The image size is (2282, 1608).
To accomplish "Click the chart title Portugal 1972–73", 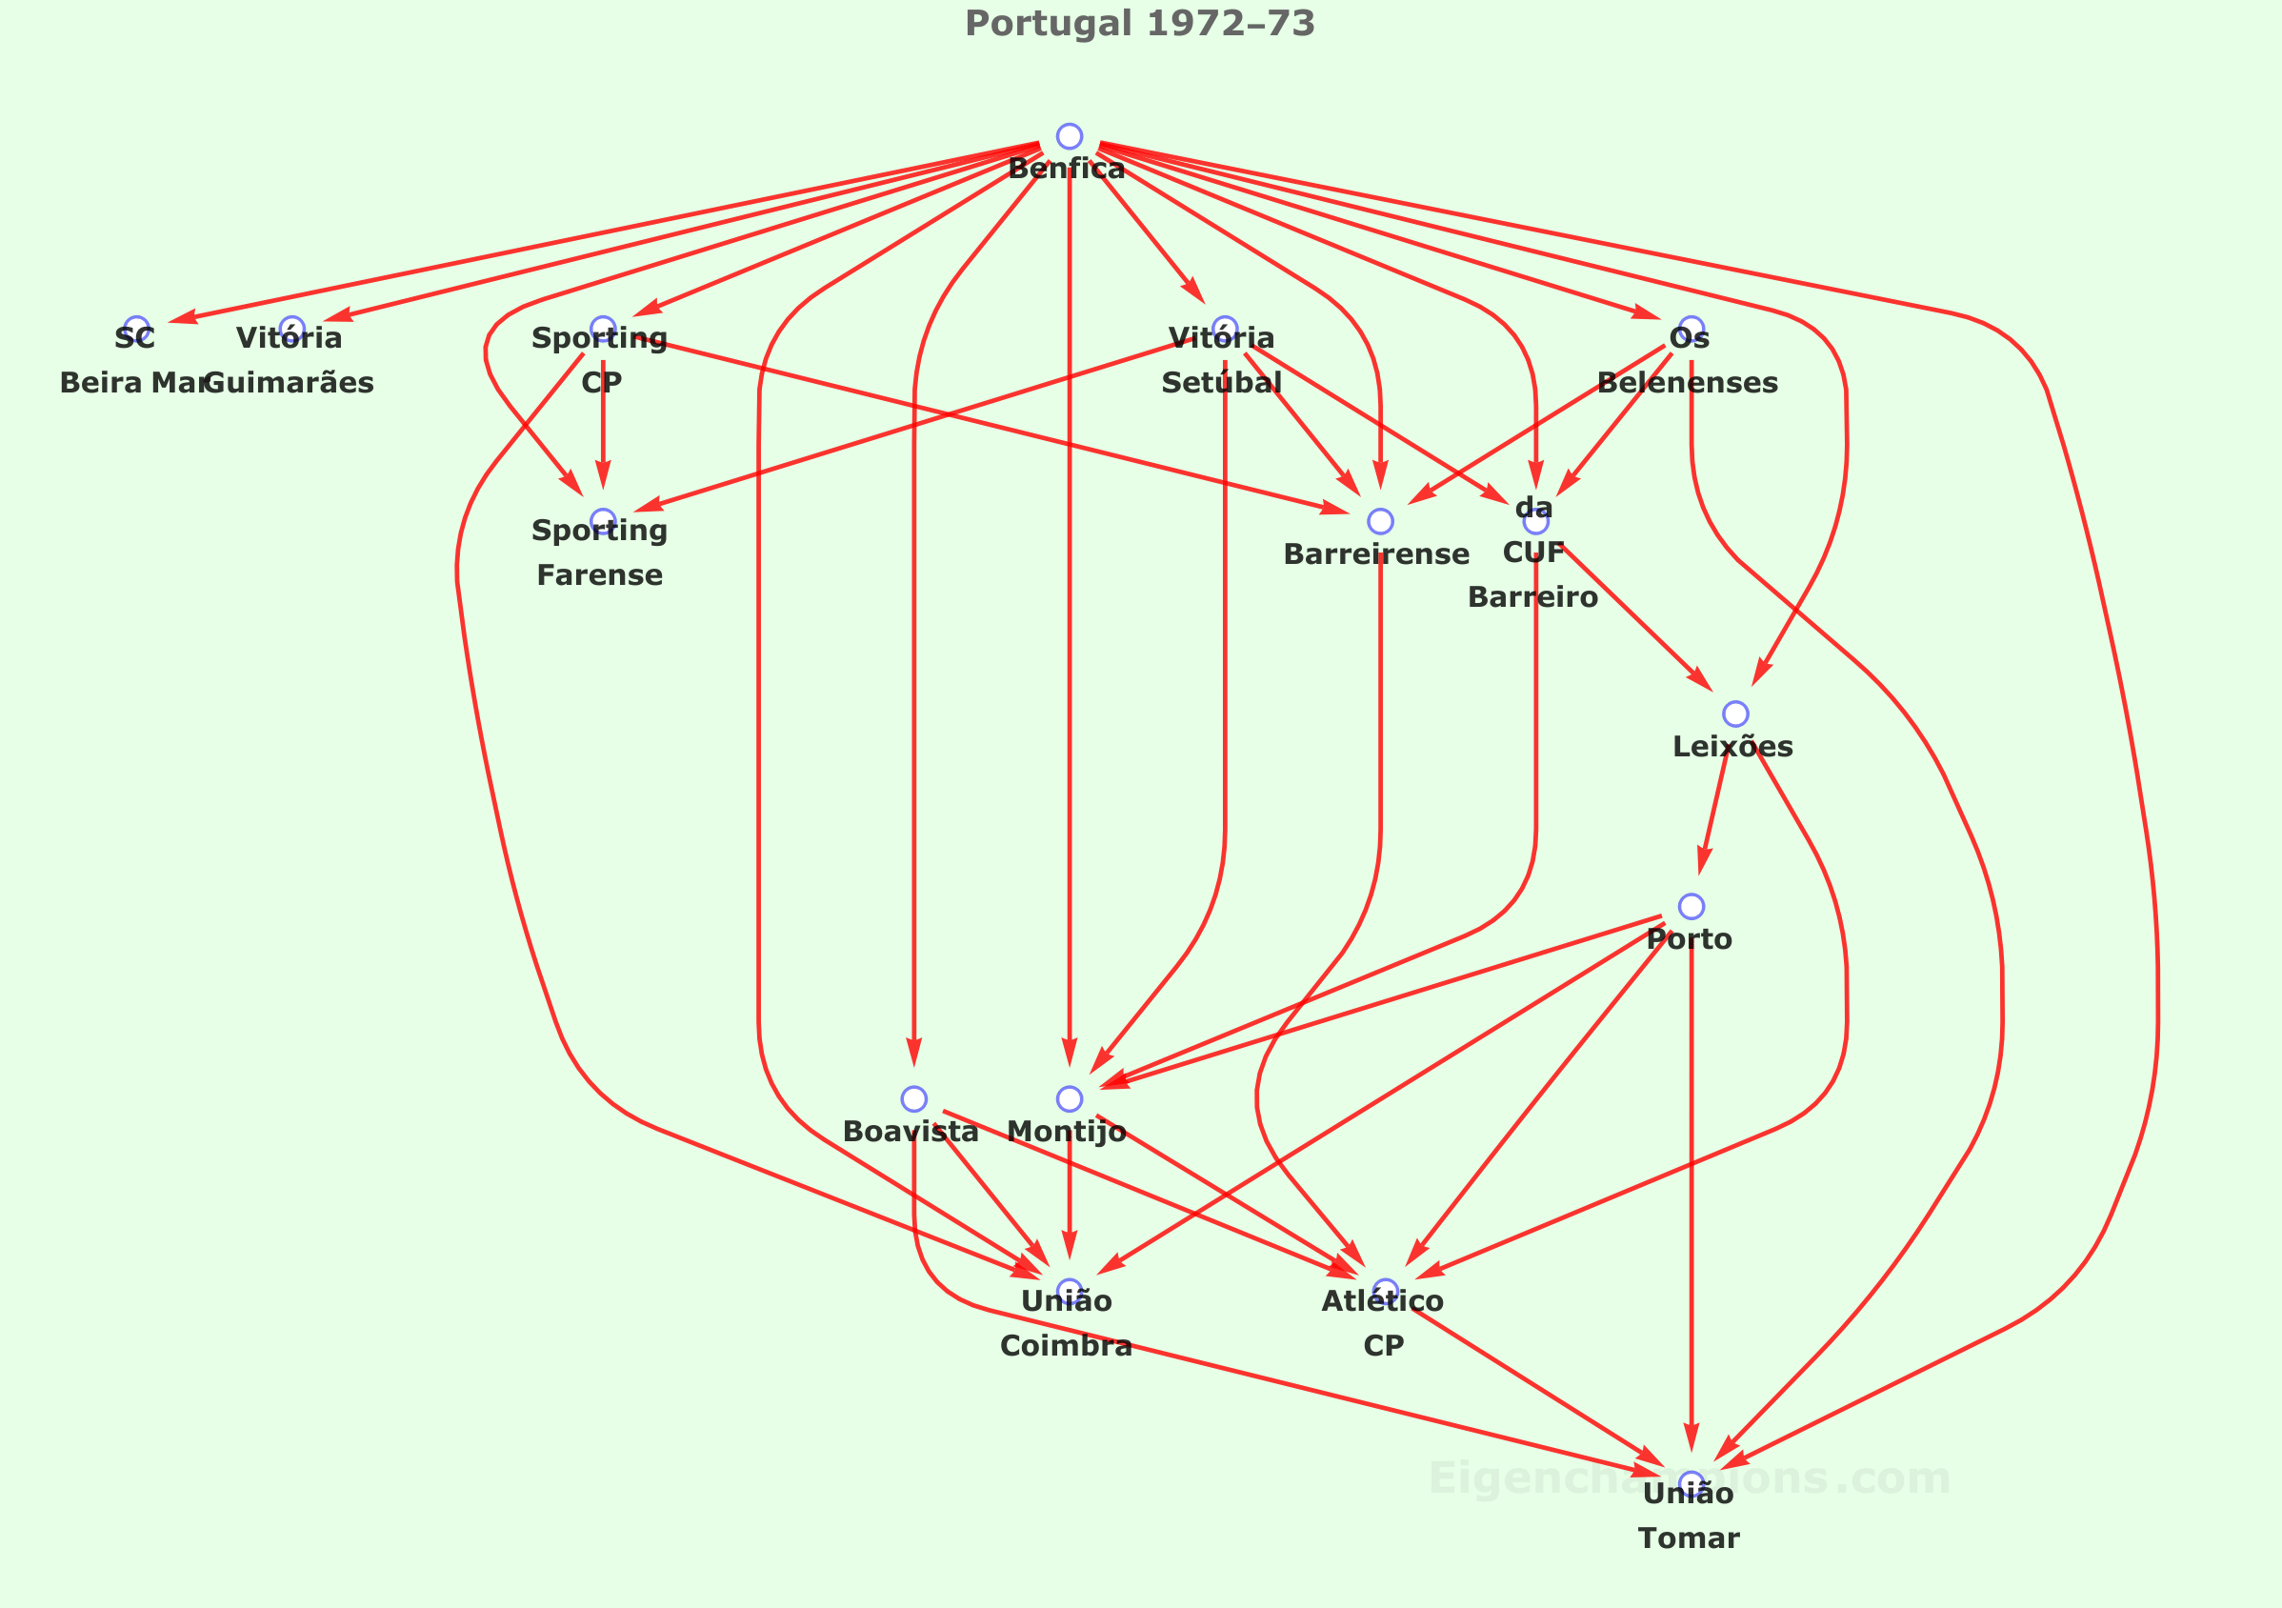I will click(1140, 24).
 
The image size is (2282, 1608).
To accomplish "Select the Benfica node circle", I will click(1070, 137).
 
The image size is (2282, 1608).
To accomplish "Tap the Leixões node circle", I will click(1735, 714).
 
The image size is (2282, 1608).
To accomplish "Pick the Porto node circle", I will click(1691, 906).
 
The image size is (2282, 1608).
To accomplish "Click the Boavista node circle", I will click(914, 1099).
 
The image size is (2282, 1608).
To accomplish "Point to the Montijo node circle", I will click(1070, 1099).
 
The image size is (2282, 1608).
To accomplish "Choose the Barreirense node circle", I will click(1380, 521).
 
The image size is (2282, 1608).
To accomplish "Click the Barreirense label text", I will click(1376, 554).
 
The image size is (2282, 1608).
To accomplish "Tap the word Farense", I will click(599, 575).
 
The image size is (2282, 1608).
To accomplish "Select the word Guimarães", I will click(290, 383).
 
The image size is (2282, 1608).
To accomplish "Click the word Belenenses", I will click(1688, 383).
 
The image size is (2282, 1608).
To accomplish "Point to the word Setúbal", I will click(1222, 383).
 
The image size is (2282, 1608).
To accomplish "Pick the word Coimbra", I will click(1067, 1346).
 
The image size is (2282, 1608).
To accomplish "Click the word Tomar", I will click(1689, 1538).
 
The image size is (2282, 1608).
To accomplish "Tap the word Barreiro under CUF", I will click(1532, 597).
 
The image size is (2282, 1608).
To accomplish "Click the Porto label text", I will click(1690, 939).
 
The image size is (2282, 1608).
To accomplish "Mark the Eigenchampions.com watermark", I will click(1690, 1478).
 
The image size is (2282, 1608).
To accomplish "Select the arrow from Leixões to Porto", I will click(1713, 811).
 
